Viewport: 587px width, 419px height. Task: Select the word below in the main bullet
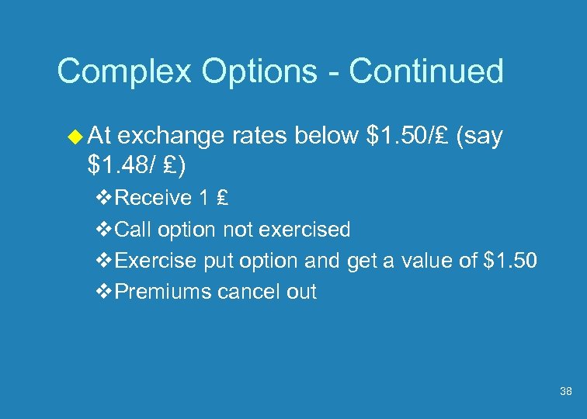click(x=324, y=137)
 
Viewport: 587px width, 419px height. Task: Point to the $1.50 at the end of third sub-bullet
click(x=509, y=261)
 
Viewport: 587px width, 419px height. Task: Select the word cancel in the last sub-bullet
click(x=247, y=292)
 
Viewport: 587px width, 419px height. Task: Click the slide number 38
click(x=566, y=392)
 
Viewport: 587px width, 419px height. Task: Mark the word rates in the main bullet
click(x=259, y=137)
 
